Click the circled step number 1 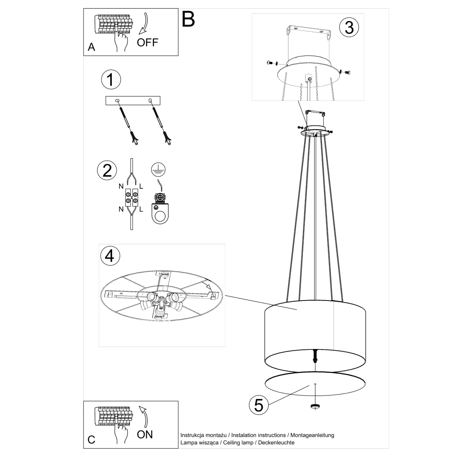click(111, 80)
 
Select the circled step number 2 click(107, 171)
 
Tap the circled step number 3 click(349, 27)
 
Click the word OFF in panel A click(148, 43)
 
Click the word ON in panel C click(145, 434)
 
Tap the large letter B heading click(188, 19)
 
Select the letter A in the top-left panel click(91, 47)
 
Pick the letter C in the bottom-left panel click(91, 440)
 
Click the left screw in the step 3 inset click(270, 63)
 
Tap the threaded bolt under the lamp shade click(315, 356)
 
